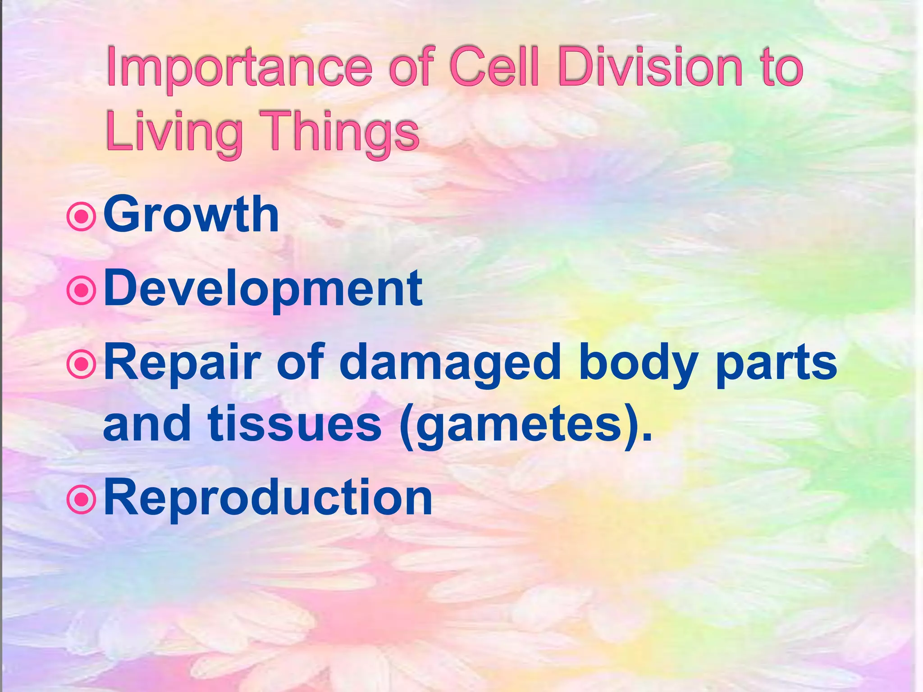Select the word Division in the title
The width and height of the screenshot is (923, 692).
click(650, 68)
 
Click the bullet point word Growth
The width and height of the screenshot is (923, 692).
click(191, 214)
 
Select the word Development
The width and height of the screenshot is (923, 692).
click(263, 288)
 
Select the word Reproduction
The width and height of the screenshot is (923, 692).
click(268, 498)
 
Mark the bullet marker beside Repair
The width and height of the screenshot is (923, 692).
click(82, 364)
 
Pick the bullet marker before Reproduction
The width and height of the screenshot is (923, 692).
click(82, 500)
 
